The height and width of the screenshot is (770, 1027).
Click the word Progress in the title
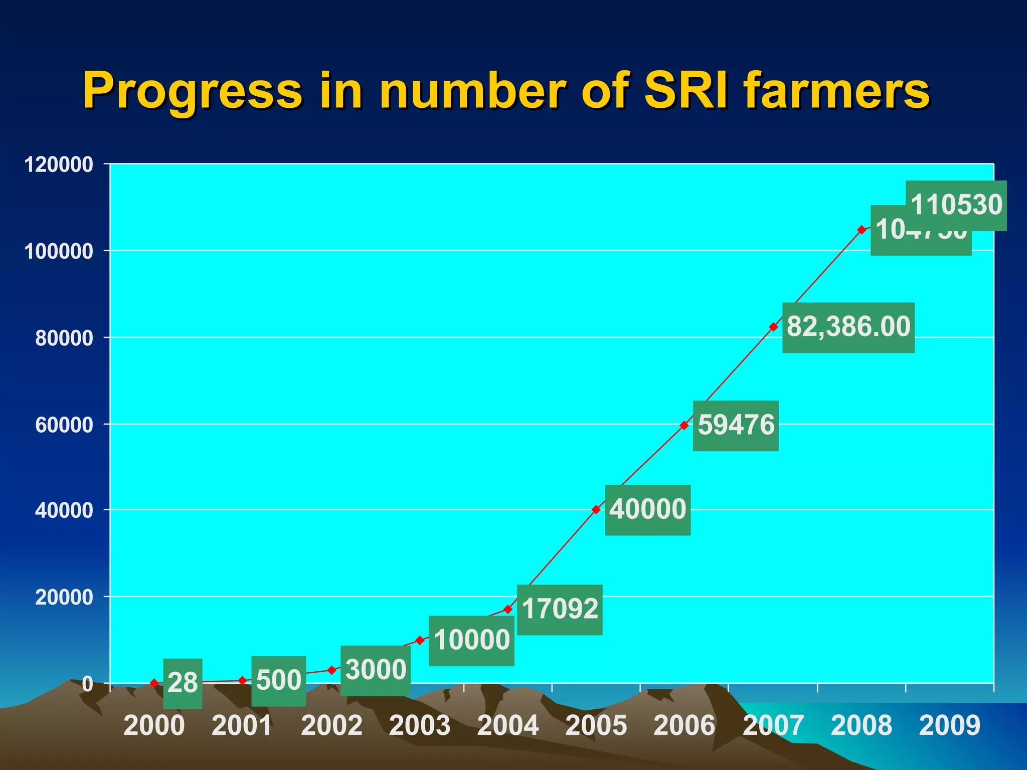[193, 92]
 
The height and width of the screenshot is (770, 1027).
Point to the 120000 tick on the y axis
[59, 164]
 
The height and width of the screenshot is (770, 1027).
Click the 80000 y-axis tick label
[64, 338]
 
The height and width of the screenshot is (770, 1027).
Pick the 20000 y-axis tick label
[64, 598]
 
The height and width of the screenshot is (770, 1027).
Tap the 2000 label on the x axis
[154, 725]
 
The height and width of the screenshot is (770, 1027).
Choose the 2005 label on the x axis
[596, 725]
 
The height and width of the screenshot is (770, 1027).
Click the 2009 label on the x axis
[949, 725]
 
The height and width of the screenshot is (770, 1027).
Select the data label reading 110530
[956, 205]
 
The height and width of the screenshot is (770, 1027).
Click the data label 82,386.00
[848, 327]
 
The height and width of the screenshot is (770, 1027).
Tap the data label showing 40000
[647, 510]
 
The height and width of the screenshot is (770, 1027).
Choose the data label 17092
[560, 610]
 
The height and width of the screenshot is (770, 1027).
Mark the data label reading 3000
[376, 670]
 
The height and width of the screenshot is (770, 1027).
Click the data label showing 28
[183, 683]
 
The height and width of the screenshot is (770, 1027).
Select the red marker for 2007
[773, 327]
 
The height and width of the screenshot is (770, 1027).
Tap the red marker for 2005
[596, 509]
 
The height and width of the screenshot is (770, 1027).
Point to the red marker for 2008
[862, 230]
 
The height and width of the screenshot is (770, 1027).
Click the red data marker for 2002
[331, 670]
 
